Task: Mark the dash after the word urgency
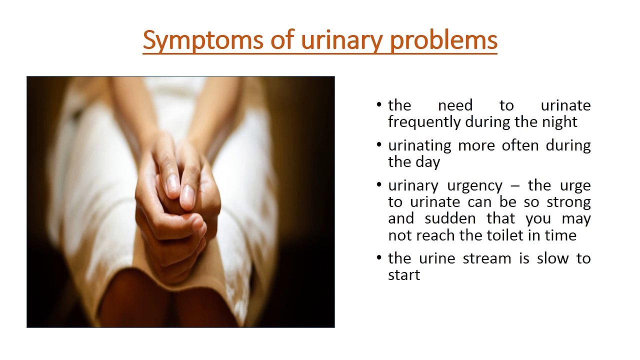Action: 514,186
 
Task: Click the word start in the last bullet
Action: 404,275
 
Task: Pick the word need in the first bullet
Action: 455,105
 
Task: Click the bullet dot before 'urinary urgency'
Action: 379,186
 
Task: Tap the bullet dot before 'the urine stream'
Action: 379,259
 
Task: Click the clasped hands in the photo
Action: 177,200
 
